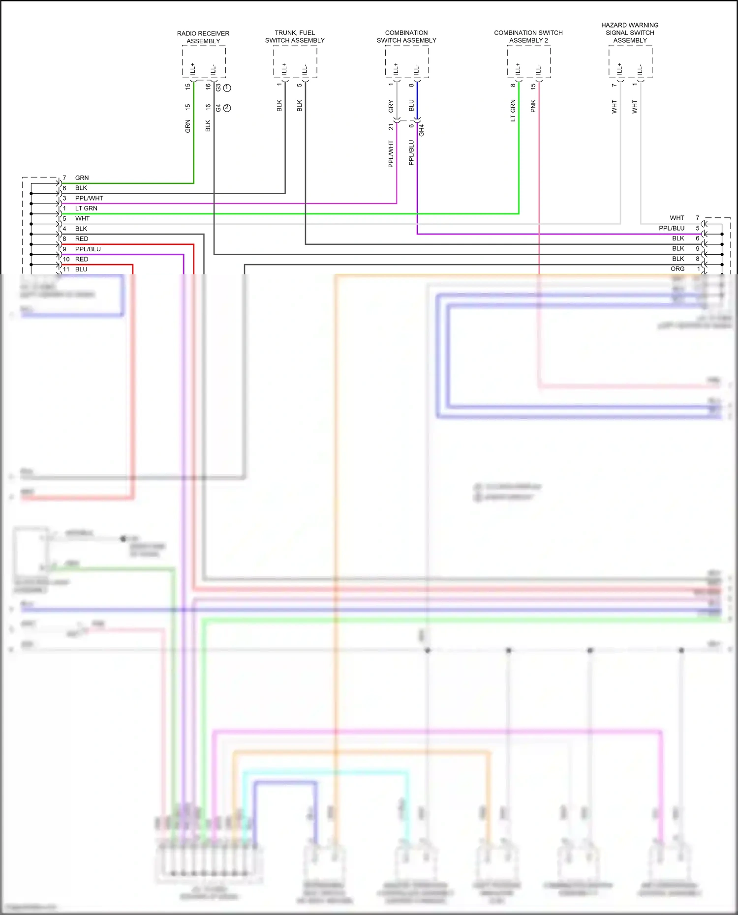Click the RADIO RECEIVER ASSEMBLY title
(x=203, y=37)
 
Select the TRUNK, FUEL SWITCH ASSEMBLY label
(x=295, y=36)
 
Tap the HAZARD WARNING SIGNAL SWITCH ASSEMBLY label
(x=630, y=32)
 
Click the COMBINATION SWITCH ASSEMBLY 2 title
(x=528, y=36)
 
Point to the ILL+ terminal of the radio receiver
(x=193, y=69)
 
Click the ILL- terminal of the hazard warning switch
(x=640, y=69)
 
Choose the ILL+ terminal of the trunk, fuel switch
(x=284, y=69)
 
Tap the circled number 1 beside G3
(x=227, y=88)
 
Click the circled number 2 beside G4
(x=227, y=108)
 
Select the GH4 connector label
(x=422, y=130)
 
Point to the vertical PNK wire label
(x=533, y=106)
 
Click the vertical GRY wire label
(x=391, y=106)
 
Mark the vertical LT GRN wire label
(x=513, y=111)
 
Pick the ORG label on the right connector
(x=677, y=269)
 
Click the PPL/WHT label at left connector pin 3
(x=89, y=198)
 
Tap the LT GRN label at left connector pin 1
(x=86, y=208)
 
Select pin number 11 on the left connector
(x=66, y=269)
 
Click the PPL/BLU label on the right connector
(x=672, y=228)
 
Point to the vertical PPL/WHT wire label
(x=391, y=153)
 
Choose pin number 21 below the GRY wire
(x=391, y=127)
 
